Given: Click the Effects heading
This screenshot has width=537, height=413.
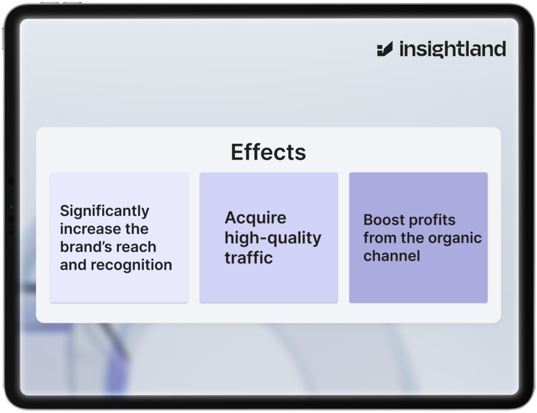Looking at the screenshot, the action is tap(268, 152).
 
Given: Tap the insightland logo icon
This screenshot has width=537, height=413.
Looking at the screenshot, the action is tap(384, 49).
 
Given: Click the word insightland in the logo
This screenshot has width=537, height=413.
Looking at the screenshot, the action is tap(453, 49).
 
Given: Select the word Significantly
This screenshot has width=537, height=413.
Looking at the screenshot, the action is tap(104, 211).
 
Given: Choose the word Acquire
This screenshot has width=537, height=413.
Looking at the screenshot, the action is tap(255, 218).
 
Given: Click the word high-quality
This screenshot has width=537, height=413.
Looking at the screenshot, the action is tap(273, 238).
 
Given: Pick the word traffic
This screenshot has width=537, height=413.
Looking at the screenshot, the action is tap(249, 257).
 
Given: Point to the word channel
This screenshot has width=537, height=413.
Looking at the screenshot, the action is tap(391, 256).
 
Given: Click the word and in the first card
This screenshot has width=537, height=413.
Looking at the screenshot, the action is tap(73, 265).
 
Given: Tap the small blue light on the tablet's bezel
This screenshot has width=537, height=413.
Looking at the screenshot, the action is tap(12, 207).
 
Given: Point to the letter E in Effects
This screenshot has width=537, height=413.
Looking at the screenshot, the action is tap(237, 152).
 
